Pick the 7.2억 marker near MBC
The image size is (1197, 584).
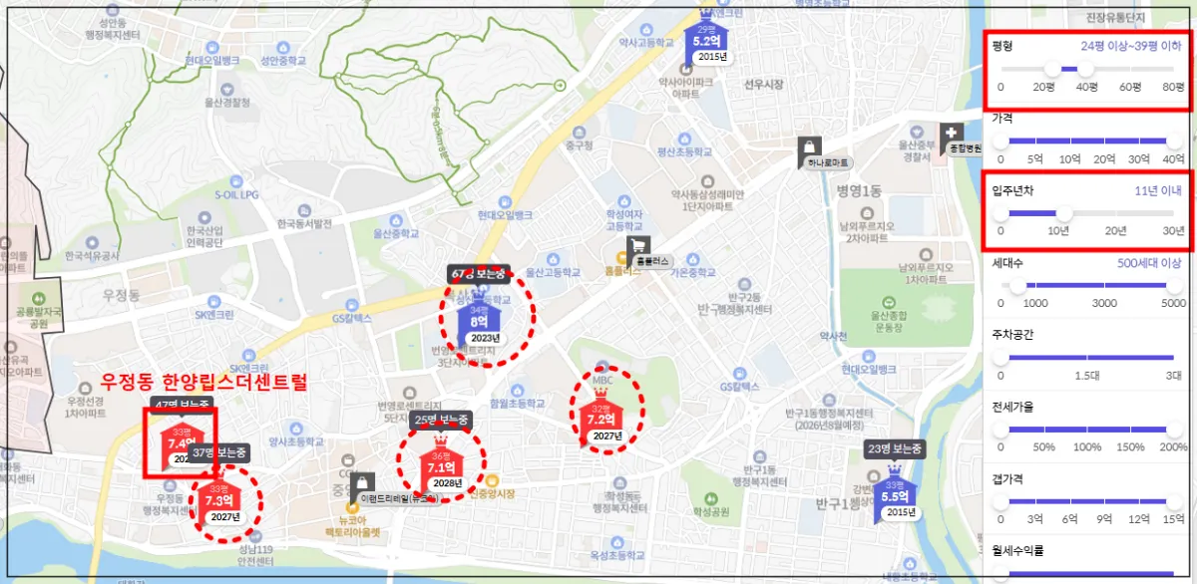605,422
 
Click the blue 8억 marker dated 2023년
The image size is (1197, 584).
480,320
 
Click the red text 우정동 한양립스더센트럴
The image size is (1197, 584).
204,381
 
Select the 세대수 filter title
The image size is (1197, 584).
1007,263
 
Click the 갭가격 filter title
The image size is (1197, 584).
1007,478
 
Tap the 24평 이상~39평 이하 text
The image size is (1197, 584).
1132,47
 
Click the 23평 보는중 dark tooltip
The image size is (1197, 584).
895,448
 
